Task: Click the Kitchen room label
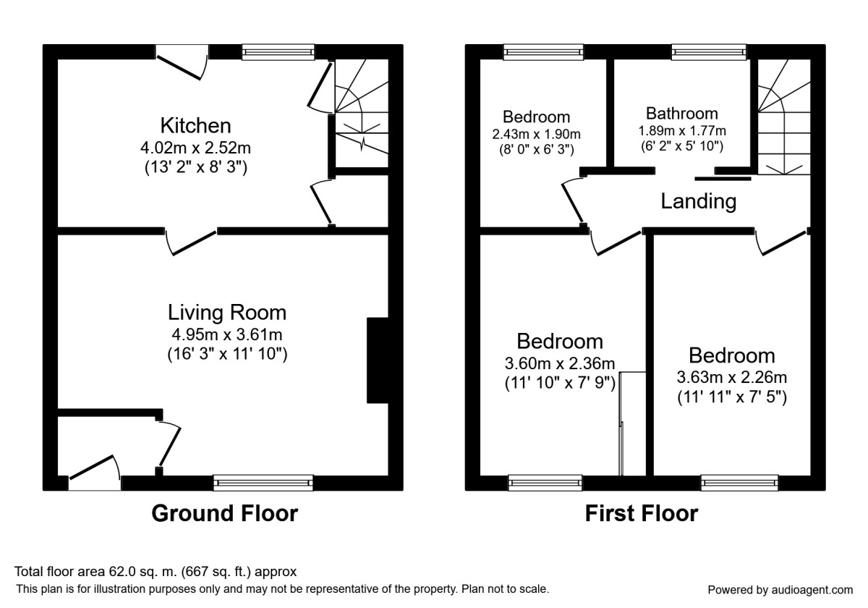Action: [x=196, y=126]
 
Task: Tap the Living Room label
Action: [x=227, y=313]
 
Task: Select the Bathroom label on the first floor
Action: [x=682, y=114]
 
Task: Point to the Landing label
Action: [x=698, y=201]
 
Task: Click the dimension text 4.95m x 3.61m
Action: [x=227, y=334]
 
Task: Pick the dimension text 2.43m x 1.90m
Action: [x=536, y=135]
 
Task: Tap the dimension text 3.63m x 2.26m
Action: [x=731, y=377]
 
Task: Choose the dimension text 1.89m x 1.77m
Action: [x=682, y=131]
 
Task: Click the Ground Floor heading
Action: [x=225, y=513]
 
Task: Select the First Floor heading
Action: [x=642, y=513]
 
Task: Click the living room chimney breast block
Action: [x=378, y=360]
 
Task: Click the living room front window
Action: [x=263, y=483]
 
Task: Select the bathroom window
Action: [x=709, y=52]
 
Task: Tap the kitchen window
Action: [x=278, y=52]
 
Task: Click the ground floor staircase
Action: [x=362, y=113]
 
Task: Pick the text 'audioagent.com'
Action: [x=812, y=591]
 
